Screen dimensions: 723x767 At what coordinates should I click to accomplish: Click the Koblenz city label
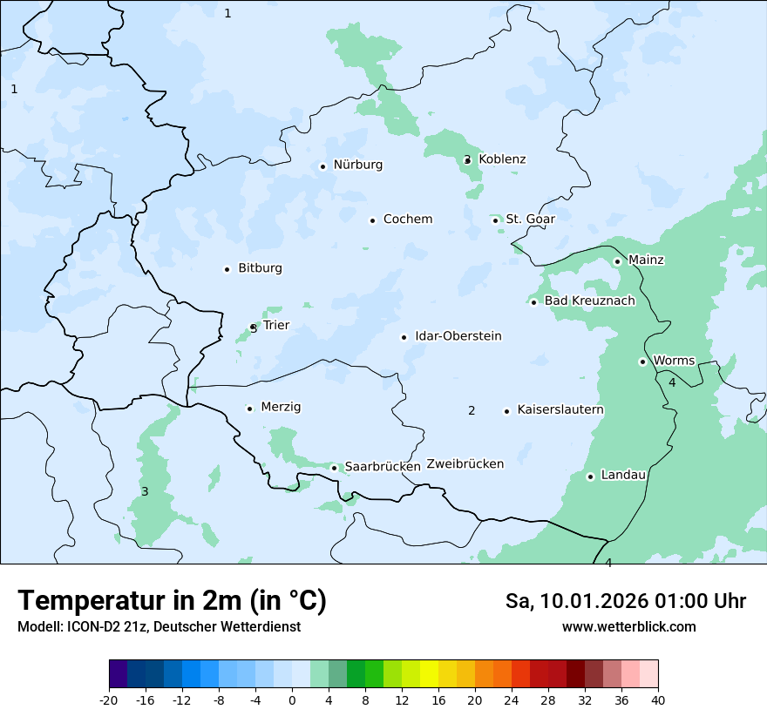coord(502,159)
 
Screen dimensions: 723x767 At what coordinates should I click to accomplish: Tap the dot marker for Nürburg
coord(322,166)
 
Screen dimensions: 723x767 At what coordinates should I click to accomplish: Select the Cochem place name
coord(408,220)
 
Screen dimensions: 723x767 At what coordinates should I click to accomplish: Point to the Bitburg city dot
coord(227,269)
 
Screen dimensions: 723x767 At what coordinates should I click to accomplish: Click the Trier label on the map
coord(276,326)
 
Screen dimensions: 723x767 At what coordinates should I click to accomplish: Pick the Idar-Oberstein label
coord(458,336)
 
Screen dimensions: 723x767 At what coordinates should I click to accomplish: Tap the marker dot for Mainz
coord(617,261)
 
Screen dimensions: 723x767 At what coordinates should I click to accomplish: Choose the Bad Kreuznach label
coord(589,301)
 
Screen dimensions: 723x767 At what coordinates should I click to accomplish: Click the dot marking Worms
coord(642,361)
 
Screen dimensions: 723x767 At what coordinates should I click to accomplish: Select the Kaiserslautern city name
coord(560,410)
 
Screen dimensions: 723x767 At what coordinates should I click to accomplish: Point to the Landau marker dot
coord(590,476)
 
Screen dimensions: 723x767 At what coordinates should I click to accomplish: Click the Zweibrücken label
coord(465,464)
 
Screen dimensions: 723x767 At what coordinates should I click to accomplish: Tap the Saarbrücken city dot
coord(334,468)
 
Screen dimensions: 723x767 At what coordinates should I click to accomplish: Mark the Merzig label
coord(281,408)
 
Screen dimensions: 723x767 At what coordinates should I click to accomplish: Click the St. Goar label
coord(530,220)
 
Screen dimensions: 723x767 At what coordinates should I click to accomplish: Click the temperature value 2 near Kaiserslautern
coord(472,411)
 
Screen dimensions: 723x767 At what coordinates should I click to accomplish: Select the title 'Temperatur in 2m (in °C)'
coord(172,600)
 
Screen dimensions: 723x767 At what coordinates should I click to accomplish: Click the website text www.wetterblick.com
coord(628,626)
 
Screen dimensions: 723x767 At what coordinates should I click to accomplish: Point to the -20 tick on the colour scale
coord(109,699)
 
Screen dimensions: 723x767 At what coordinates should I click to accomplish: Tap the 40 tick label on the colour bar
coord(658,699)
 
